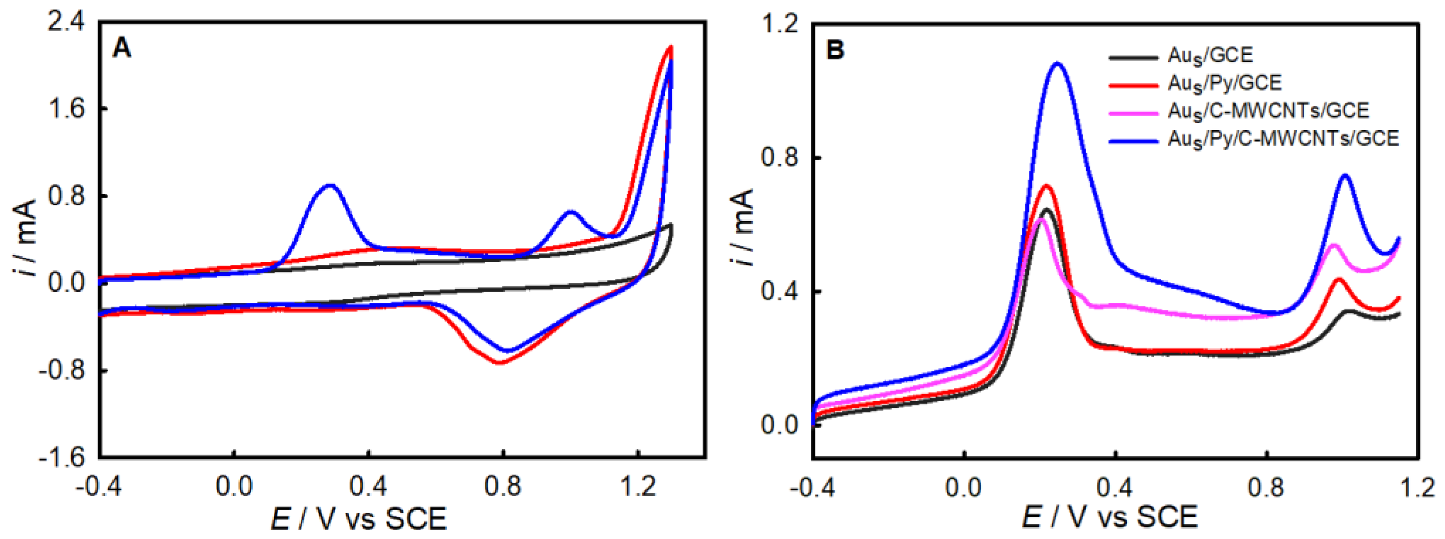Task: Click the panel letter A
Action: click(122, 48)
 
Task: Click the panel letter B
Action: click(835, 51)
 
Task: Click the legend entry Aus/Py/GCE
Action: click(1224, 83)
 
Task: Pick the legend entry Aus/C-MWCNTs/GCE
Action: click(1268, 111)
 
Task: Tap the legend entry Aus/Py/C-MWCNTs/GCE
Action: click(1283, 139)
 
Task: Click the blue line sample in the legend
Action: click(1133, 140)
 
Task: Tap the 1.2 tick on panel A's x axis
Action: click(638, 487)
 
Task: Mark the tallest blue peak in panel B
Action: click(1057, 63)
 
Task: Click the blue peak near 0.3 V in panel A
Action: click(330, 185)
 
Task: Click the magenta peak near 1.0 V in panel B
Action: click(1334, 244)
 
